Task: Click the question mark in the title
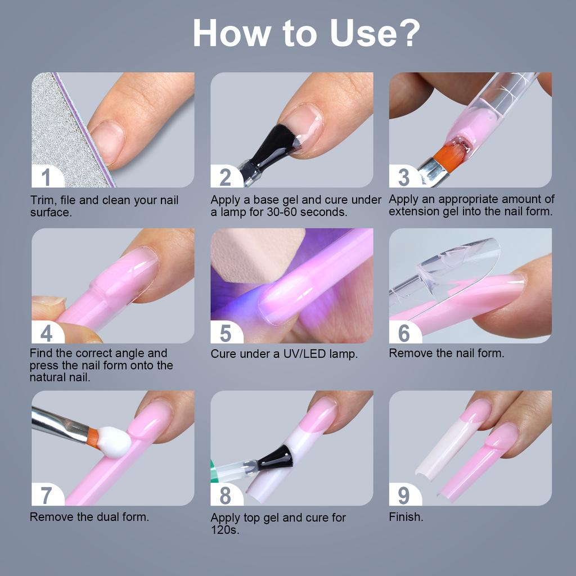tap(403, 33)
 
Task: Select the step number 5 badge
tap(226, 333)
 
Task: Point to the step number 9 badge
tap(404, 496)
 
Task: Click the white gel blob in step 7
tap(115, 441)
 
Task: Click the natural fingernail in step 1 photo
tap(108, 141)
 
